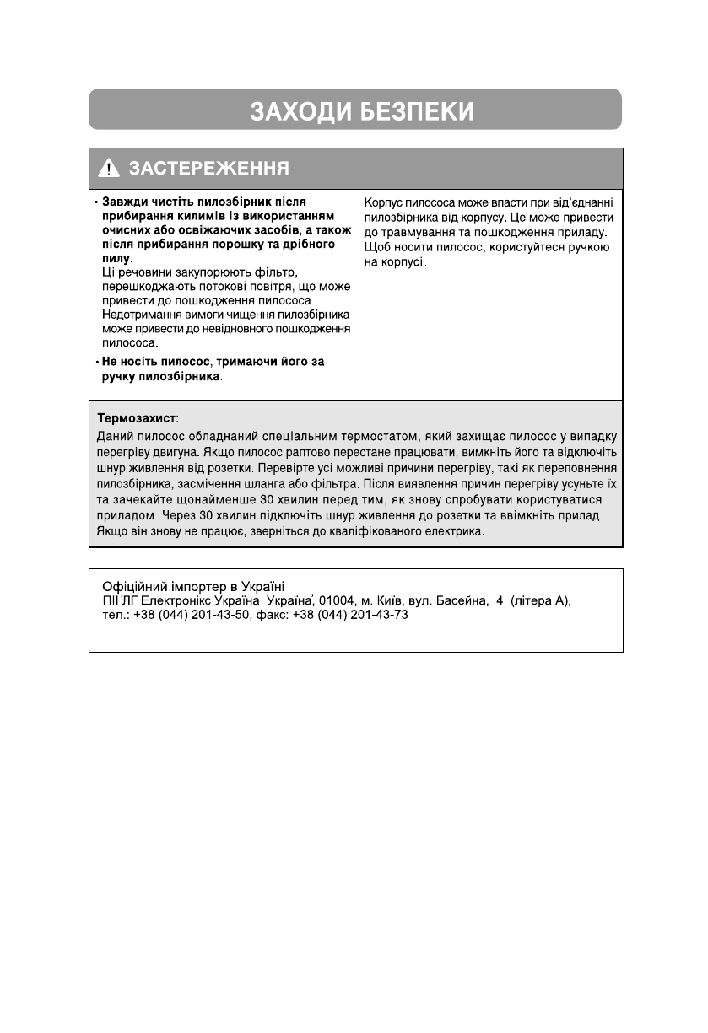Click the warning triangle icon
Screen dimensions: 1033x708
point(109,169)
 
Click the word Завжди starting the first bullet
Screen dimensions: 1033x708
point(123,202)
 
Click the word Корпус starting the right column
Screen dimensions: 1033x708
point(384,202)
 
